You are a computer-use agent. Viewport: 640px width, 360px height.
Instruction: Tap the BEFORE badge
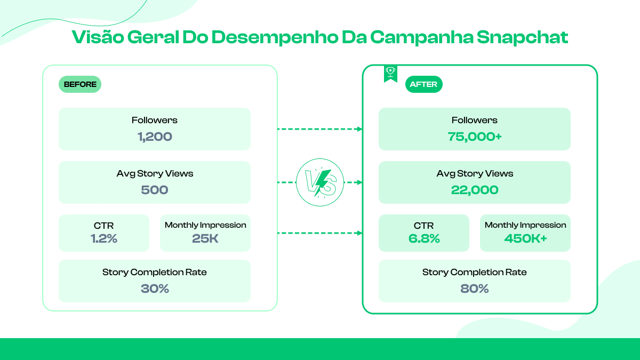(80, 84)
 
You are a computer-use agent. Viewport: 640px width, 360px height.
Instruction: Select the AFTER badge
(423, 84)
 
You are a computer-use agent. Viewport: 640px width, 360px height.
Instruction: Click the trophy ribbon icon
(390, 73)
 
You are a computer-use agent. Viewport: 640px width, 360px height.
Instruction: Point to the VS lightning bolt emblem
(320, 182)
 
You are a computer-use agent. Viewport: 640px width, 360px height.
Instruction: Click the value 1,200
(155, 137)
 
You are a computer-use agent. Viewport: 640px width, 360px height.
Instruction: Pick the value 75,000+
(475, 137)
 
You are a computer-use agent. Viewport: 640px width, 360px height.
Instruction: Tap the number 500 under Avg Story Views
(155, 190)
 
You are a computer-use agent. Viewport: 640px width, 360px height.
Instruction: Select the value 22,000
(475, 190)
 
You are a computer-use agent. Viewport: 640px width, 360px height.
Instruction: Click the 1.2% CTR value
(104, 238)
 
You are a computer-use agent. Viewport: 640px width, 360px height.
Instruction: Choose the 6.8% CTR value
(424, 238)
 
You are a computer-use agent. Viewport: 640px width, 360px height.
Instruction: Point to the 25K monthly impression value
(205, 238)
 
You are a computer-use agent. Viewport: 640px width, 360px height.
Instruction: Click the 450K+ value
(525, 238)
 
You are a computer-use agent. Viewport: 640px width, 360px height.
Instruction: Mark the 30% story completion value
(155, 289)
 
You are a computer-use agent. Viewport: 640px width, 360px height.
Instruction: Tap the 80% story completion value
(475, 289)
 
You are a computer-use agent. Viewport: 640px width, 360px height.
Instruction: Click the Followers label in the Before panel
(155, 120)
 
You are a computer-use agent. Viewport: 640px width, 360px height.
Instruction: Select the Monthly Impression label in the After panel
(525, 225)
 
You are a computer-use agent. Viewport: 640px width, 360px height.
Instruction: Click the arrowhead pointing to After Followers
(359, 129)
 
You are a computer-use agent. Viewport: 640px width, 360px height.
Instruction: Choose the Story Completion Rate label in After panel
(475, 272)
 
